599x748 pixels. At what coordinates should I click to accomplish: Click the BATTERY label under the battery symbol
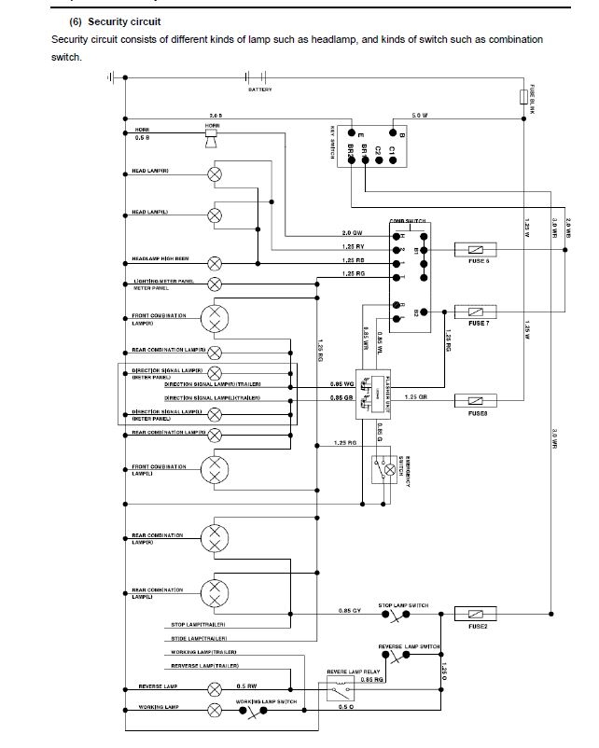click(x=260, y=90)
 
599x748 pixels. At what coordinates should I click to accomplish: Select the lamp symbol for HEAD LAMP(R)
click(x=215, y=174)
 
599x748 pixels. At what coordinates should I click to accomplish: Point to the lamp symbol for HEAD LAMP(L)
click(x=215, y=215)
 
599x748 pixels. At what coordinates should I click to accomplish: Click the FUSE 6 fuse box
click(x=473, y=249)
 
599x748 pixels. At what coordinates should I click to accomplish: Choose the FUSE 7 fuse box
click(x=473, y=312)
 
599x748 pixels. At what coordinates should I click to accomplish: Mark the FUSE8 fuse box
click(x=473, y=401)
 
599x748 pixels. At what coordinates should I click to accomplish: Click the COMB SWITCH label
click(x=408, y=221)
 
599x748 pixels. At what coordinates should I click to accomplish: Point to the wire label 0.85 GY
click(x=350, y=611)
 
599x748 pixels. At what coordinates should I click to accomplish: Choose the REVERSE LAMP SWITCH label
click(x=409, y=646)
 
